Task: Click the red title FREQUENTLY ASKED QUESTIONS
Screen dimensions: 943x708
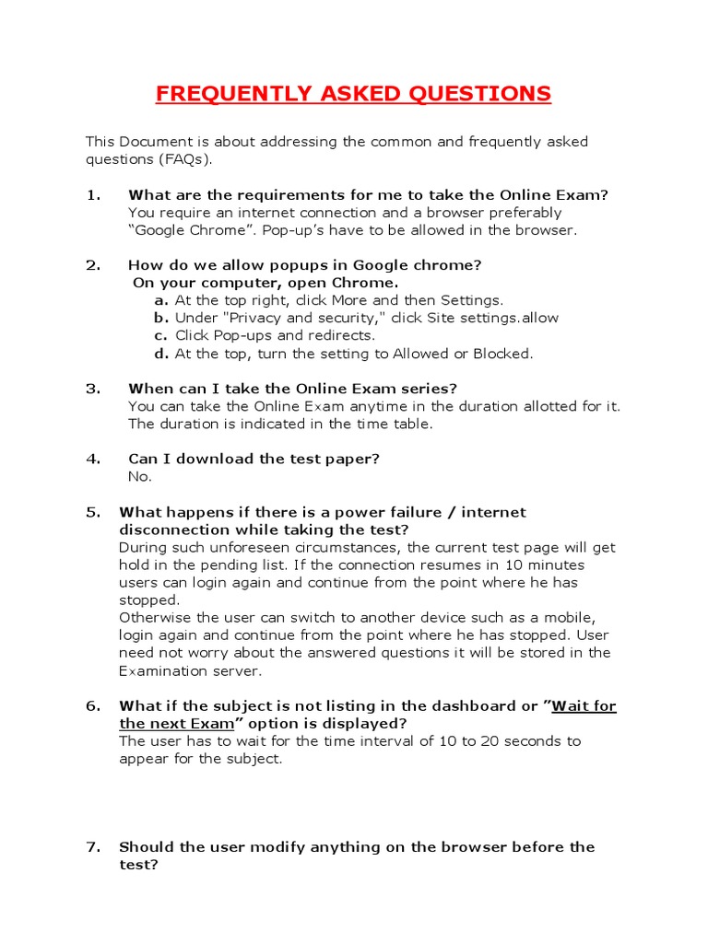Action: tap(353, 93)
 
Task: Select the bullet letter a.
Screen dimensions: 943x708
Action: tap(160, 300)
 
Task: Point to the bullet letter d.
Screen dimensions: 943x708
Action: tap(160, 353)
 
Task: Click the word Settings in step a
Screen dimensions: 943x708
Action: tap(471, 300)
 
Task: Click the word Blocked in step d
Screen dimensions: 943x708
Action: tap(503, 353)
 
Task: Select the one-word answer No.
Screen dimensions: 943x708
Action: tap(139, 476)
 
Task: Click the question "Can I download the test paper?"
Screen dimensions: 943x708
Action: tap(254, 459)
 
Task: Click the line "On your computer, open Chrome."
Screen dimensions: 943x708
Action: tap(265, 283)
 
